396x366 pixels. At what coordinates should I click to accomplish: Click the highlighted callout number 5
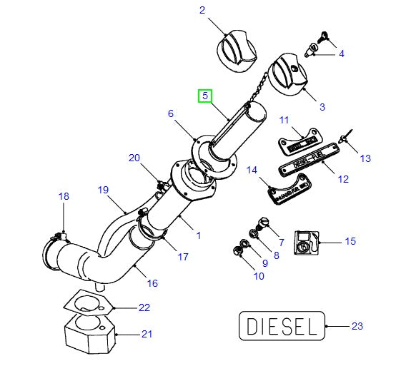tap(204, 96)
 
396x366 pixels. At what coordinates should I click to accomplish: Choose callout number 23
tap(357, 326)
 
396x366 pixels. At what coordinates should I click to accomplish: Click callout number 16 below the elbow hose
tap(152, 283)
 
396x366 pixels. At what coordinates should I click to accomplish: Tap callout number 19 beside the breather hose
tap(103, 190)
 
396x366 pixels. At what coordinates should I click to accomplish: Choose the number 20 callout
tap(134, 158)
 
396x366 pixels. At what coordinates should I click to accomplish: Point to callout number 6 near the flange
tap(171, 113)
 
